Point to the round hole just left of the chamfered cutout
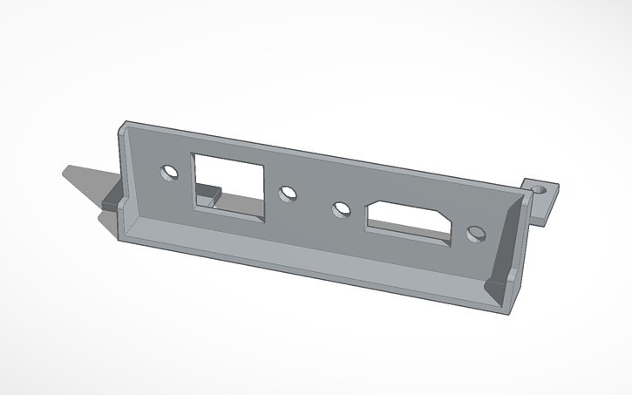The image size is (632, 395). (341, 209)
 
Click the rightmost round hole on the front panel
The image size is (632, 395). (475, 234)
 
